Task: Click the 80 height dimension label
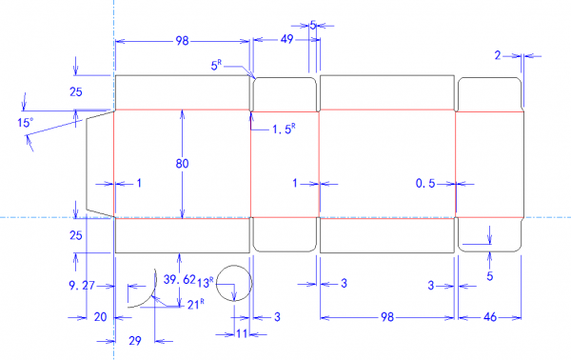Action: click(x=182, y=164)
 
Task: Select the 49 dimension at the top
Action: click(x=287, y=39)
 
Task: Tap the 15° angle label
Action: click(x=25, y=123)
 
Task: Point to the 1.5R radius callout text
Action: click(x=284, y=129)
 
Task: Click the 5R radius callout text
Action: click(x=216, y=65)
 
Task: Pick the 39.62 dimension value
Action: click(x=180, y=279)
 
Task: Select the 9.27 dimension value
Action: click(x=82, y=286)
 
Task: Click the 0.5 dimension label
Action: click(x=425, y=183)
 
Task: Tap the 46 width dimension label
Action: click(x=490, y=317)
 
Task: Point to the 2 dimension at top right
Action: click(x=498, y=55)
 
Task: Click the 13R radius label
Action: click(x=206, y=283)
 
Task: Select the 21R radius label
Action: click(x=195, y=304)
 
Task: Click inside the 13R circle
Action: click(x=234, y=283)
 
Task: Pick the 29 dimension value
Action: click(x=135, y=341)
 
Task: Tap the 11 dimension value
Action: click(x=242, y=333)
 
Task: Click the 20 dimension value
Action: click(x=100, y=317)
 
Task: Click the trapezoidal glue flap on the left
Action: click(x=100, y=164)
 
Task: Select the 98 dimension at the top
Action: click(x=182, y=41)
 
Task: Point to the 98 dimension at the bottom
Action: click(x=387, y=317)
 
